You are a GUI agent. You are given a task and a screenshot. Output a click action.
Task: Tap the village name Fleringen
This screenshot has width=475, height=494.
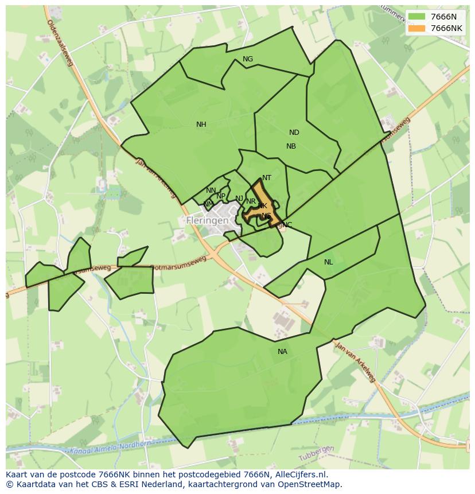(207, 220)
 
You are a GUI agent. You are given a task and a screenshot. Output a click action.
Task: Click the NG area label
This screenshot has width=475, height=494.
(248, 59)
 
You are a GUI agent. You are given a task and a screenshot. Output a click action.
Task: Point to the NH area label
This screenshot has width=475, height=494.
(201, 125)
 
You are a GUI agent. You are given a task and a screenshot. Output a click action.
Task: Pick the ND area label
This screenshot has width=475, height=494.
(294, 133)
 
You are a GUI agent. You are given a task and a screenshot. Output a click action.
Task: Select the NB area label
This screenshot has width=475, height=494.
(291, 146)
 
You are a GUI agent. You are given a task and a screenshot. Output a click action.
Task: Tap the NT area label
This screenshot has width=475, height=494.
(267, 178)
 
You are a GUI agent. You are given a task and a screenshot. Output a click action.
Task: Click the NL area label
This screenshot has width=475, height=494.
(328, 262)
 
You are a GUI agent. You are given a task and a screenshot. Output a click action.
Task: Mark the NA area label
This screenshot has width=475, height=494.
(282, 352)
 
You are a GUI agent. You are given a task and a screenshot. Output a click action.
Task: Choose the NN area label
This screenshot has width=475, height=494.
(211, 190)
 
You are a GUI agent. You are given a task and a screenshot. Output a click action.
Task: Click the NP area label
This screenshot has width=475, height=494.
(221, 196)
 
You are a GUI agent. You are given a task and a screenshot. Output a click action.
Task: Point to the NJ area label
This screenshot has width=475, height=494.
(239, 199)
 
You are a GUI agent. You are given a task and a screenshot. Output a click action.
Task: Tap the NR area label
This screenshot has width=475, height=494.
(251, 201)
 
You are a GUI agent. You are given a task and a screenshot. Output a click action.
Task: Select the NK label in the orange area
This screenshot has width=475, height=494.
(263, 206)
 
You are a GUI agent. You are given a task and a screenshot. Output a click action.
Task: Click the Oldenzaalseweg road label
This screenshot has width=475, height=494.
(60, 42)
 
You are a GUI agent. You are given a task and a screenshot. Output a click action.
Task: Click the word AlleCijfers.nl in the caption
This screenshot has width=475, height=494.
(301, 474)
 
